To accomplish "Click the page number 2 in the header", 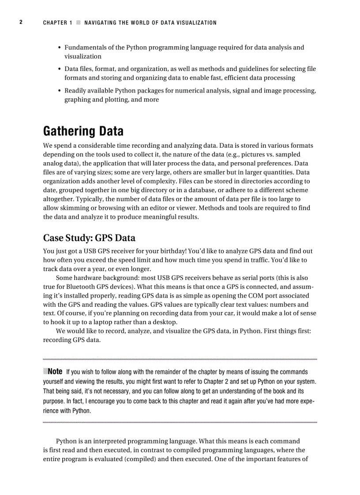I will (20, 22).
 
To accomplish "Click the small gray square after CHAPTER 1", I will (78, 22).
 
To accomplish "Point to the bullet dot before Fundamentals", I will (60, 48).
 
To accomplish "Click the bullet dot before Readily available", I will (60, 91).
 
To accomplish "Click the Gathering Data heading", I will (83, 131).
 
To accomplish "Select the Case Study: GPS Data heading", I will (89, 238).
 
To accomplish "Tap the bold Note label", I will (55, 372).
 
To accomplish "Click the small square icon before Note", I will (45, 372).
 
